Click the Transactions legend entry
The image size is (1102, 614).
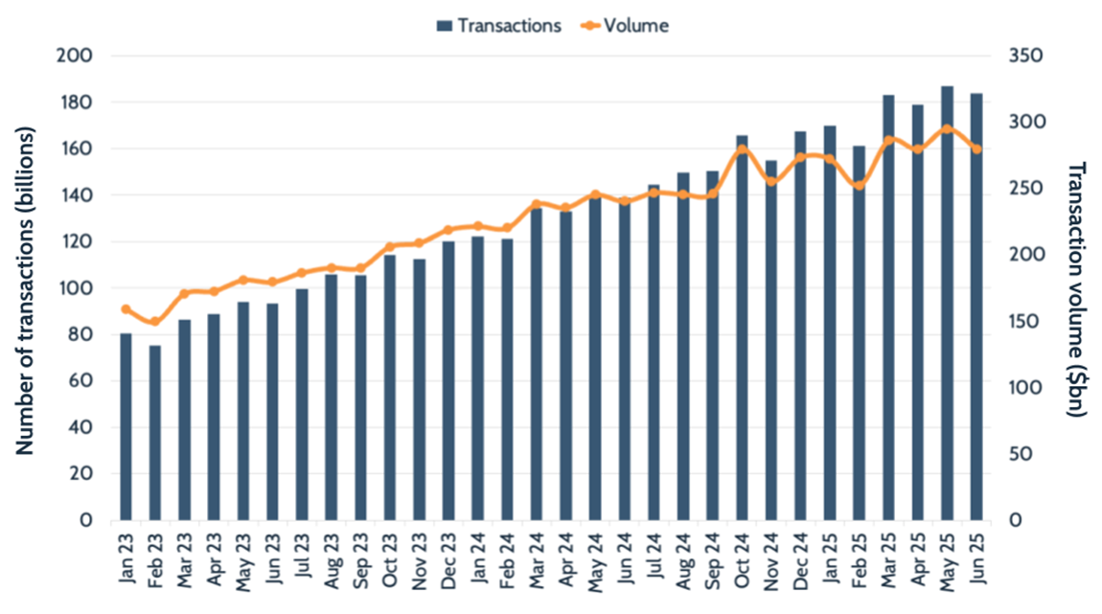pos(498,26)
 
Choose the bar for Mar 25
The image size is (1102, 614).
pos(888,307)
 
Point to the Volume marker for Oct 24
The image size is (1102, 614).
pos(742,149)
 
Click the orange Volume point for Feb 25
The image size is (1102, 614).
pos(860,185)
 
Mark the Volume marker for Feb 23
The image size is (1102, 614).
pos(154,322)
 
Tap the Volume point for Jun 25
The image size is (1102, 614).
pos(976,148)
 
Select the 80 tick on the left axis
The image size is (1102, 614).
pos(82,334)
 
